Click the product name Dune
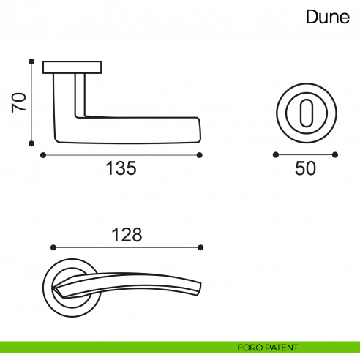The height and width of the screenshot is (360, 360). click(328, 18)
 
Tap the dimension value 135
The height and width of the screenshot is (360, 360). click(121, 168)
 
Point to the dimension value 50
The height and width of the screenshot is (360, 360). click(305, 168)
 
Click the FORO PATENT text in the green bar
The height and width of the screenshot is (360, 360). click(268, 347)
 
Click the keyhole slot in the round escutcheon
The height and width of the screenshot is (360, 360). click(305, 113)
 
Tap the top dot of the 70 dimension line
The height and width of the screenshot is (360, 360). click(31, 61)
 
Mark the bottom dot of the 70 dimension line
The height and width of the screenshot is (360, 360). click(31, 143)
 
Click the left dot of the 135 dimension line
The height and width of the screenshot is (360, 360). click(44, 155)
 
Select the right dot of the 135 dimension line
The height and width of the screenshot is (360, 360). click(200, 155)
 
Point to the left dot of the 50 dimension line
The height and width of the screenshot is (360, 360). click(275, 155)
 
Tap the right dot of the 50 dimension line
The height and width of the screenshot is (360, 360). click(335, 155)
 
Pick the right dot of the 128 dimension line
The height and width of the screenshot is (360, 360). click(201, 247)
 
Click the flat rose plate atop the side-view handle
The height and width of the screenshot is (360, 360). click(72, 68)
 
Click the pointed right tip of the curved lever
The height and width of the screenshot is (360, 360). click(203, 287)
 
